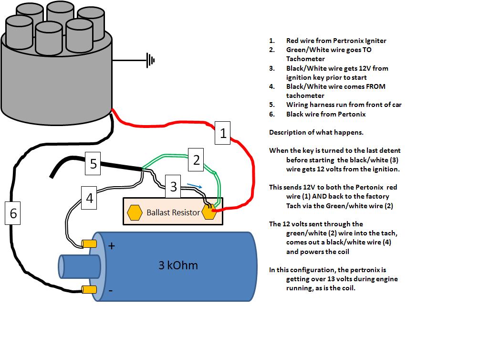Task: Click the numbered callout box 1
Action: point(222,133)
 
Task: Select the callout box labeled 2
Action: point(196,160)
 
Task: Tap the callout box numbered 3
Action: point(173,186)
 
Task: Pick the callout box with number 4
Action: point(89,198)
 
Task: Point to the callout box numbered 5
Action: point(93,164)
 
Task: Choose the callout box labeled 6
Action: point(13,213)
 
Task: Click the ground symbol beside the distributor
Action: point(150,60)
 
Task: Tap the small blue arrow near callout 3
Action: point(194,186)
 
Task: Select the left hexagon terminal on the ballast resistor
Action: point(135,212)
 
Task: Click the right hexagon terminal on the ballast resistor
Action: point(209,212)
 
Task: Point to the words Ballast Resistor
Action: point(173,212)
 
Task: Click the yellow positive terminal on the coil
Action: point(89,244)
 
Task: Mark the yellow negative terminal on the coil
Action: point(89,290)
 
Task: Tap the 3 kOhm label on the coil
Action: point(178,265)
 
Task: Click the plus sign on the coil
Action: point(112,246)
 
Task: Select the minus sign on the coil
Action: point(111,291)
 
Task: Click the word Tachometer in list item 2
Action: point(305,59)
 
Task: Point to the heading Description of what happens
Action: point(316,132)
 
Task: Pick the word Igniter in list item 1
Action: point(375,41)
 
